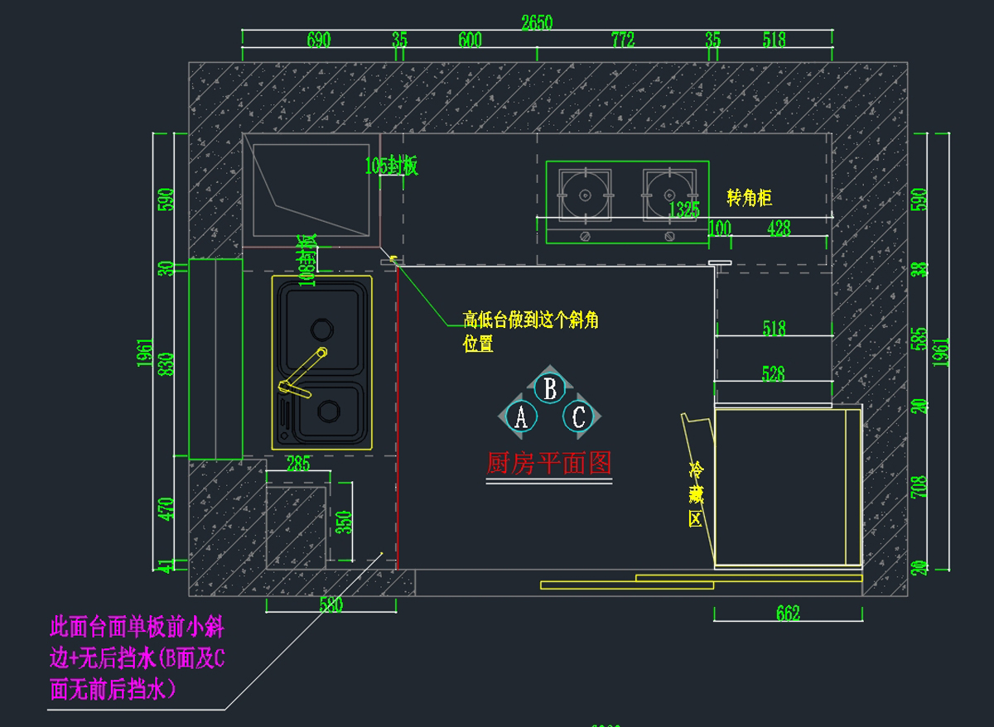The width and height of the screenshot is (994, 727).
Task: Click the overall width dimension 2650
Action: [x=537, y=22]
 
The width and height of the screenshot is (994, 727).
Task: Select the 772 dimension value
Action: [x=622, y=40]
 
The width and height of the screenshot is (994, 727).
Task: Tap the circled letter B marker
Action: [x=549, y=388]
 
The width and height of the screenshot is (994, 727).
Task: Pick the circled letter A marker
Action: [x=520, y=416]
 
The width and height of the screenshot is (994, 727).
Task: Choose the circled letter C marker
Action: [x=578, y=416]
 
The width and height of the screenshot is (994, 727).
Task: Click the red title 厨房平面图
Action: [x=548, y=463]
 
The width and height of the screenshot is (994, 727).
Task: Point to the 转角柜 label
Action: [x=749, y=198]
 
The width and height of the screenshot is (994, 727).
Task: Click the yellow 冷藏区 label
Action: [x=696, y=495]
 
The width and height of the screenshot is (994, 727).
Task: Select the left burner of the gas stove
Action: [x=585, y=195]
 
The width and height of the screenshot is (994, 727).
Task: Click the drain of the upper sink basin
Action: [x=320, y=329]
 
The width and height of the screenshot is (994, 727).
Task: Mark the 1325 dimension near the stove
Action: [x=684, y=209]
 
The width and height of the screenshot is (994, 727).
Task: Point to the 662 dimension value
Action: [x=788, y=614]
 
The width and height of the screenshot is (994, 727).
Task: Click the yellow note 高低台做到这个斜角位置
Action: [x=530, y=331]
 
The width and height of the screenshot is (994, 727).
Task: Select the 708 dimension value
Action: [x=919, y=489]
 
